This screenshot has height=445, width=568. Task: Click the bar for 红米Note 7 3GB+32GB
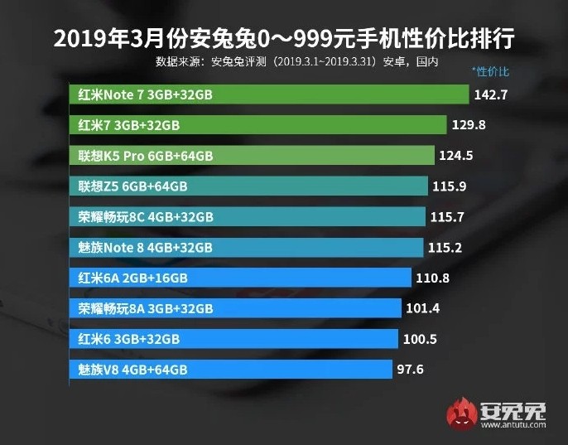point(269,94)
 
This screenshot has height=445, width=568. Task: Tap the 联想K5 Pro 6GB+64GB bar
point(252,156)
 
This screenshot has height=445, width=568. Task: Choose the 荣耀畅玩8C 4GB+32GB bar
point(248,217)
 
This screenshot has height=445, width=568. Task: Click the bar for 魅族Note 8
point(246,247)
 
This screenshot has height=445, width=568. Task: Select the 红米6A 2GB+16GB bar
point(240,278)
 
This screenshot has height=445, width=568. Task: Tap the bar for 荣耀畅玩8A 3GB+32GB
point(235,308)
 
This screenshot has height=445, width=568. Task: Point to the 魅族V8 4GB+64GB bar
point(230,369)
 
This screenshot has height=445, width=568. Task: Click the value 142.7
point(490,94)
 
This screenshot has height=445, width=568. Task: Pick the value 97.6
point(411,369)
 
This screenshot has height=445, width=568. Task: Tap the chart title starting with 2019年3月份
point(284,38)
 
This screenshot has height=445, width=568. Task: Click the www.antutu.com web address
point(509,427)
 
